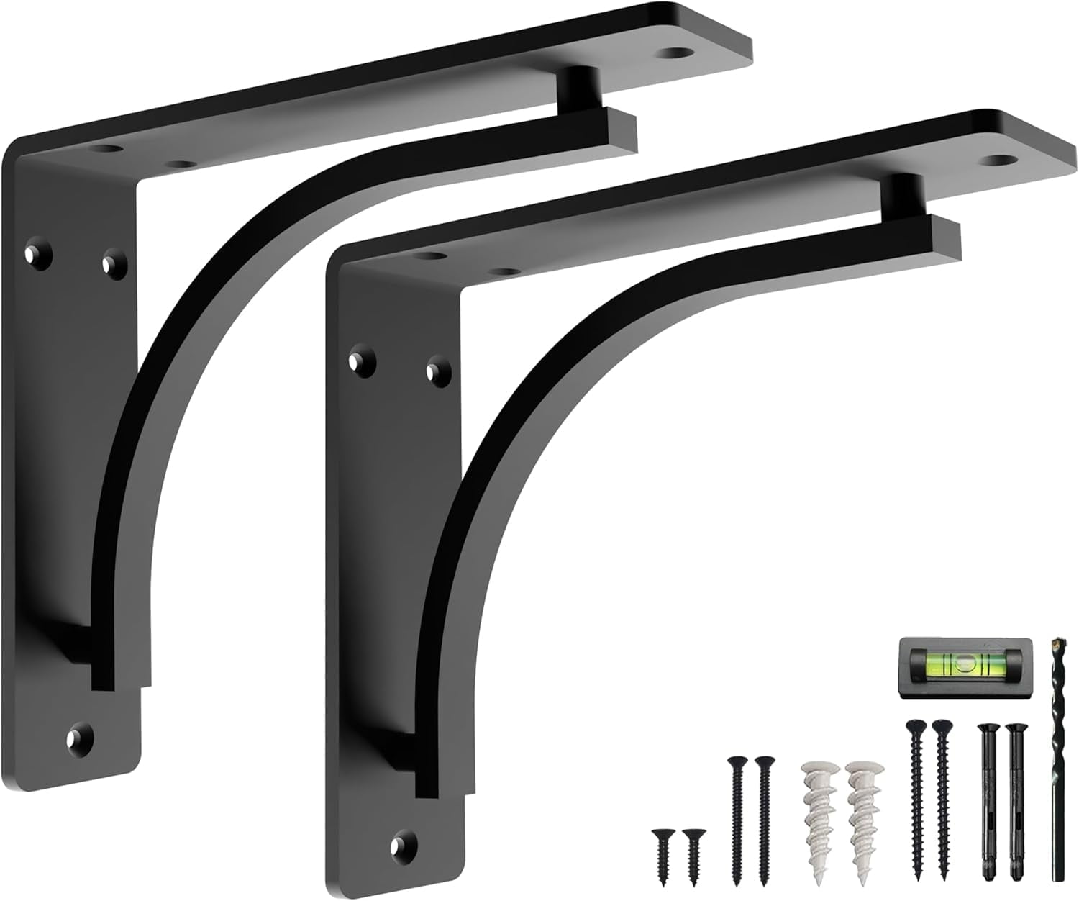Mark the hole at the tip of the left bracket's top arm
point(678,52)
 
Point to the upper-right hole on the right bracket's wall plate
point(435,371)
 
